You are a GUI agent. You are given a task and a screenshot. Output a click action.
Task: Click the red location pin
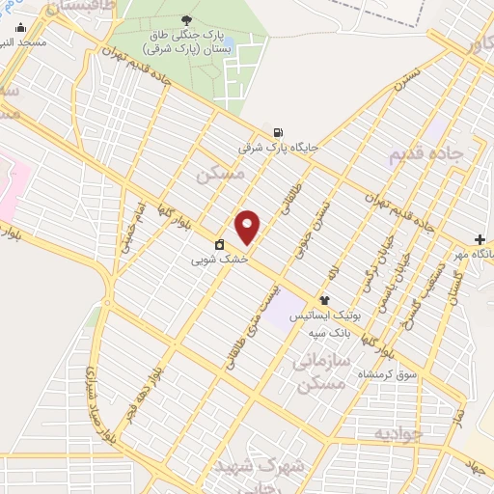point(248,227)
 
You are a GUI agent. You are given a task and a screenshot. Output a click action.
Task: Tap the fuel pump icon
point(278,133)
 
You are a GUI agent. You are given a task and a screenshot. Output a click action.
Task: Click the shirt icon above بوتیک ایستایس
point(324,301)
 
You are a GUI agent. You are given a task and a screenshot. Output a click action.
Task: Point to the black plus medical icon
point(480,238)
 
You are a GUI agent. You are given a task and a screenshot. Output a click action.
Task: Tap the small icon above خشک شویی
point(220,244)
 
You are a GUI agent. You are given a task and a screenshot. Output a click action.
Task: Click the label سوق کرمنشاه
point(385,373)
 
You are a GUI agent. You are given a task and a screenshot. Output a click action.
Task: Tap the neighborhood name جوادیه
point(399,431)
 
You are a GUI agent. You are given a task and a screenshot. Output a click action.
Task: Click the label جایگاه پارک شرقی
point(278,149)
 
